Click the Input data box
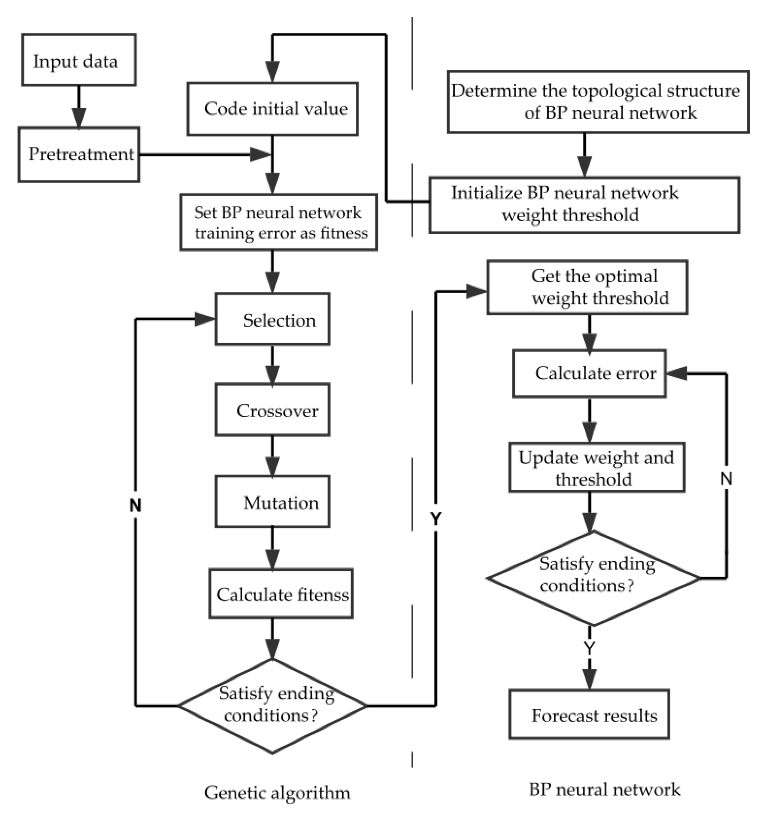pos(79,60)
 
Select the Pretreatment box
pos(79,155)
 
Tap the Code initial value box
pos(272,109)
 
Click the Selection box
pos(272,319)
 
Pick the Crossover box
pos(272,410)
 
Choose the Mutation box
pos(272,501)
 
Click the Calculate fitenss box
pos(281,594)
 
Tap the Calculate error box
pos(589,373)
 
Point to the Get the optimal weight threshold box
pos(587,287)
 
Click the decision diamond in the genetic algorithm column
pos(272,705)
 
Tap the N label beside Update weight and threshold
pos(726,479)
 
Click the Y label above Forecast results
pos(589,647)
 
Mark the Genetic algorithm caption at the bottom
pos(277,793)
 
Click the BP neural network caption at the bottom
pos(604,789)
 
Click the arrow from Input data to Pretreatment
pos(79,108)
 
